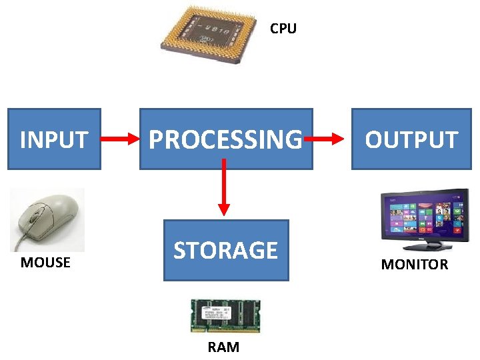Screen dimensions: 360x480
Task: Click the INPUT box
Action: click(x=54, y=139)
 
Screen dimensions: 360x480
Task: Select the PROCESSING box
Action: click(x=225, y=139)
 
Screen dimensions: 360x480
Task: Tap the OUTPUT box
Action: click(x=411, y=139)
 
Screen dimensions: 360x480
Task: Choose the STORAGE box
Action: click(x=225, y=250)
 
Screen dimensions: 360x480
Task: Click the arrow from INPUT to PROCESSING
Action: click(x=119, y=139)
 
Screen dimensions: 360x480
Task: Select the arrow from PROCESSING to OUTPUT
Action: click(x=327, y=139)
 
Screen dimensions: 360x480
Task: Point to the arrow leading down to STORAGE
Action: click(x=224, y=186)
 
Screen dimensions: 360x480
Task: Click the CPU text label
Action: click(x=283, y=29)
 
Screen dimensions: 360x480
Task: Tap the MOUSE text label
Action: click(x=45, y=263)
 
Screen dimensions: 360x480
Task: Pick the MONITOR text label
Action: click(x=414, y=265)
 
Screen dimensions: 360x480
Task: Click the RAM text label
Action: click(x=223, y=347)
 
